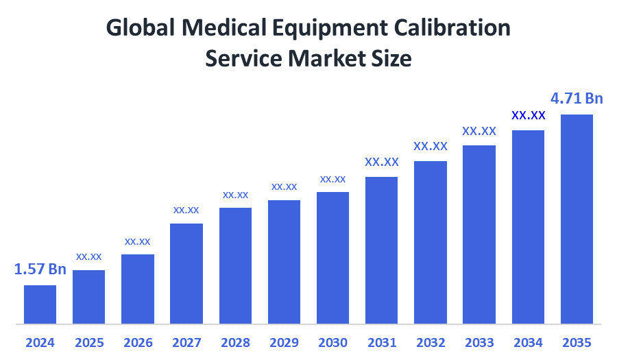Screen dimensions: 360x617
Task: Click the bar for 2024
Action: coord(40,304)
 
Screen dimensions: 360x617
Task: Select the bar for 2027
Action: coord(186,273)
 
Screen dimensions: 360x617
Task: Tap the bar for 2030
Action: coord(332,257)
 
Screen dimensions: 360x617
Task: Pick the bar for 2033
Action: coord(479,234)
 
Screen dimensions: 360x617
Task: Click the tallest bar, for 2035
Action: coord(577,218)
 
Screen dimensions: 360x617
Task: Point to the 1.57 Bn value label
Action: coord(40,269)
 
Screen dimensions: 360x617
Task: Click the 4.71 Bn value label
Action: coord(577,99)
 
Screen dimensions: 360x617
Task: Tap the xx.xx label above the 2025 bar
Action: coord(88,256)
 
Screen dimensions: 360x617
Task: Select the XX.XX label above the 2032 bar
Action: coord(431,146)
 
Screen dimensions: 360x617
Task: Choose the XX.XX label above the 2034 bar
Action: coord(529,115)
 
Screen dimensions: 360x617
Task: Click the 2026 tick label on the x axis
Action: coord(138,342)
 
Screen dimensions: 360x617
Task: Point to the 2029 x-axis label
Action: coord(284,342)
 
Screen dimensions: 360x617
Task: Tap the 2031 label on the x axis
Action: coord(381,342)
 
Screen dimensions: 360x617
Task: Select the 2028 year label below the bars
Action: coord(235,342)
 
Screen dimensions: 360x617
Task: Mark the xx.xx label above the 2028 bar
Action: coord(235,195)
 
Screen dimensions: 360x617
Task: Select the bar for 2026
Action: coord(138,289)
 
